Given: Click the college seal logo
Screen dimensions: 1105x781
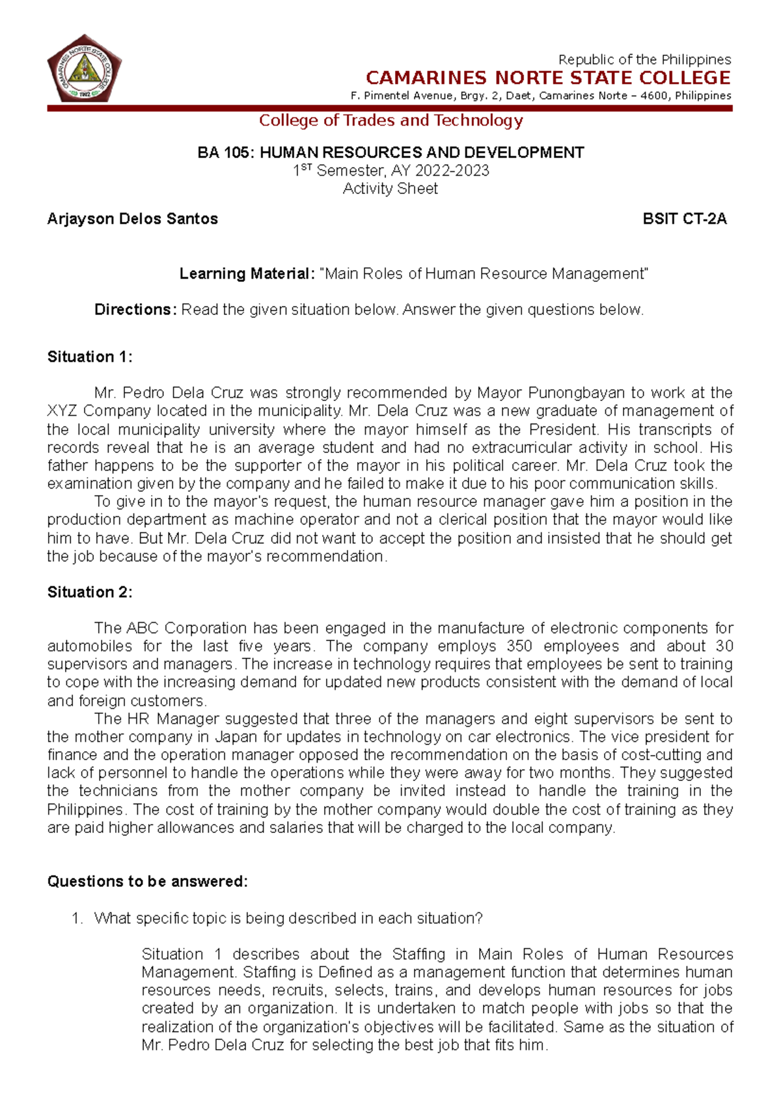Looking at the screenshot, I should click(x=84, y=68).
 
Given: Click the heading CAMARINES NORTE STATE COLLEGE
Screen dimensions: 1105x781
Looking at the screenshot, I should click(x=548, y=78).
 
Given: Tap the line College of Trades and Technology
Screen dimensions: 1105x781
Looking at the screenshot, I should click(x=390, y=120).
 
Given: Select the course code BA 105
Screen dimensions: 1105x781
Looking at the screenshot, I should click(x=225, y=153).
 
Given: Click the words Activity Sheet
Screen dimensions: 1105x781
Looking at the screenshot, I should click(x=390, y=189).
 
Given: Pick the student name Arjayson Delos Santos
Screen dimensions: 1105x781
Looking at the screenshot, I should click(x=132, y=219).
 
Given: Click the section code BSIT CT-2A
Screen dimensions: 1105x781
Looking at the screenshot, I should click(x=685, y=219).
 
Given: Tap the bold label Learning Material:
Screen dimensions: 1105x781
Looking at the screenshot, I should click(x=247, y=274).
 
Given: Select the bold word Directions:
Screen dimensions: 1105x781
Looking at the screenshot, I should click(x=135, y=310).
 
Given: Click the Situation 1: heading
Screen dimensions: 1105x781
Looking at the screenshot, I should click(x=90, y=357).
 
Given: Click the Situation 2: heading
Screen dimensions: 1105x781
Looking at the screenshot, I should click(x=90, y=592).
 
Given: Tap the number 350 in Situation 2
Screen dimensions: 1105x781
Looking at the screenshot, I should click(x=519, y=646).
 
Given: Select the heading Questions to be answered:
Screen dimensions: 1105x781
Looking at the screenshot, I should click(x=148, y=882).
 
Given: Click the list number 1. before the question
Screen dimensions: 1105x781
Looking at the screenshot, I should click(x=77, y=919).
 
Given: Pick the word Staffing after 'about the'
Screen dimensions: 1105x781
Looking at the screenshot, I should click(x=418, y=955).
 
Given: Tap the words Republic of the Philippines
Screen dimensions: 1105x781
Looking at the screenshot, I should click(x=644, y=59).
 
